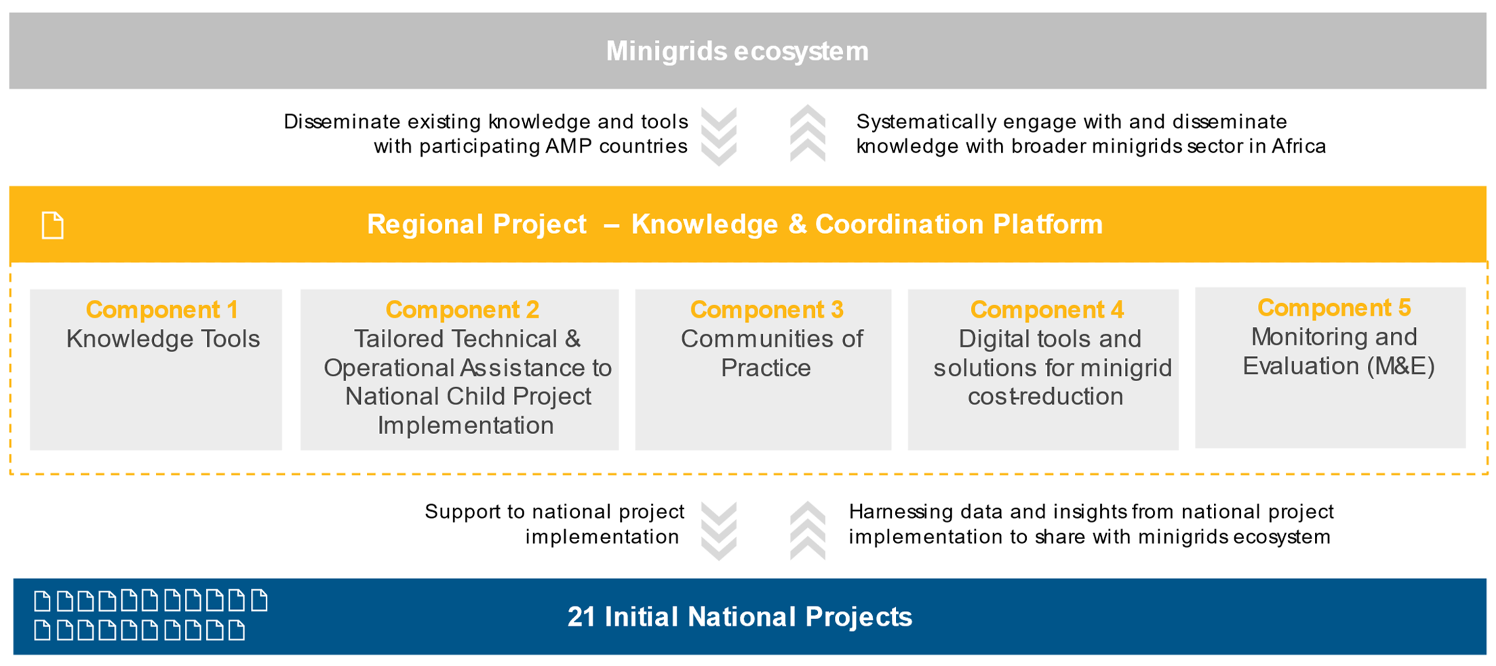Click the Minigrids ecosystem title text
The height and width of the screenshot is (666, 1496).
click(x=737, y=52)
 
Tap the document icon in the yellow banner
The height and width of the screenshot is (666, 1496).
click(x=53, y=226)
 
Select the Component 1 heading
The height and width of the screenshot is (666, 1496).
click(x=162, y=310)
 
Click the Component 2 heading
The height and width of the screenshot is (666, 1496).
click(x=462, y=310)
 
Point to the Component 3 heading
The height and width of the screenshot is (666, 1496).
click(x=766, y=310)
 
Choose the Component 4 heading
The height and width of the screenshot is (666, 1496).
click(x=1046, y=310)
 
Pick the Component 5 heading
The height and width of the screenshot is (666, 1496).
click(x=1333, y=308)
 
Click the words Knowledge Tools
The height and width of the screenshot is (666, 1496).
click(x=163, y=339)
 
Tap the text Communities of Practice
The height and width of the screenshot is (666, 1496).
click(x=771, y=353)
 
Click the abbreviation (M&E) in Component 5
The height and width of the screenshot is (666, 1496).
click(x=1400, y=366)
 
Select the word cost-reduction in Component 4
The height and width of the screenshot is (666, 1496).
click(x=1045, y=397)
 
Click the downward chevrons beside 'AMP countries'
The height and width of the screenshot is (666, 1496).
click(x=719, y=136)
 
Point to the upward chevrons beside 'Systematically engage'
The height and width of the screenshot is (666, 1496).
click(x=808, y=134)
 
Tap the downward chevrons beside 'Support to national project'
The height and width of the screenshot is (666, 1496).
click(x=719, y=531)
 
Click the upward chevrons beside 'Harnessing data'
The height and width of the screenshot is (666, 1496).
click(x=808, y=530)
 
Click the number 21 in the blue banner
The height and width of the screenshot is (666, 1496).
click(x=581, y=617)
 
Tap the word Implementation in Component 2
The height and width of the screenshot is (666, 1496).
click(x=465, y=426)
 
